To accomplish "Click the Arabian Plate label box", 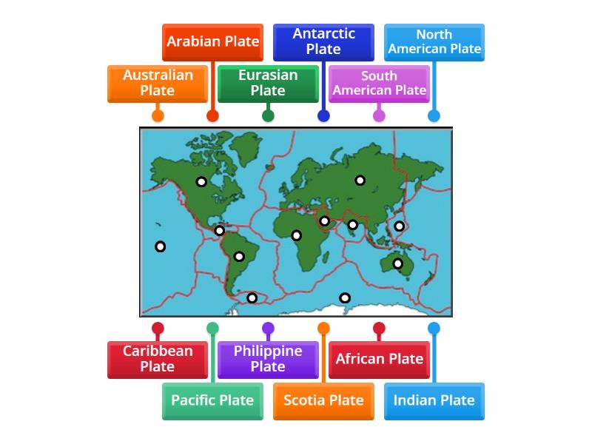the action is [212, 41].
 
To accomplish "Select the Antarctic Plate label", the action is [323, 41].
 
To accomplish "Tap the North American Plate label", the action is [434, 41].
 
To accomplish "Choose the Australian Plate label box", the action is [158, 83].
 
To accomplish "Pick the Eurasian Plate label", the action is [268, 83].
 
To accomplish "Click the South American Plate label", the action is [379, 83].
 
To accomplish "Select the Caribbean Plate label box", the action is [158, 359].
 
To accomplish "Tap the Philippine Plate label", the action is [268, 359].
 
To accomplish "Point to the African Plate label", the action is [379, 359].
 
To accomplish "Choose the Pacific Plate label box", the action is [212, 400].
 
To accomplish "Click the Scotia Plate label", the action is [323, 400].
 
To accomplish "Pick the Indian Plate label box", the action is [434, 400].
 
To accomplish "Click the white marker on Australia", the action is [397, 263].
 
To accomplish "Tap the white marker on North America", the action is [201, 182].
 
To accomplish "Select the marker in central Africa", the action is [296, 235].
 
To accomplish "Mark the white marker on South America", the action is [239, 257].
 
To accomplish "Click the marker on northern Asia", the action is [360, 180].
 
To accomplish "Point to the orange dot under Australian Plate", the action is [158, 115].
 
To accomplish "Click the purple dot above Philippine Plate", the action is [268, 328].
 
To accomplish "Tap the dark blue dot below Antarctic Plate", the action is [323, 115].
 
